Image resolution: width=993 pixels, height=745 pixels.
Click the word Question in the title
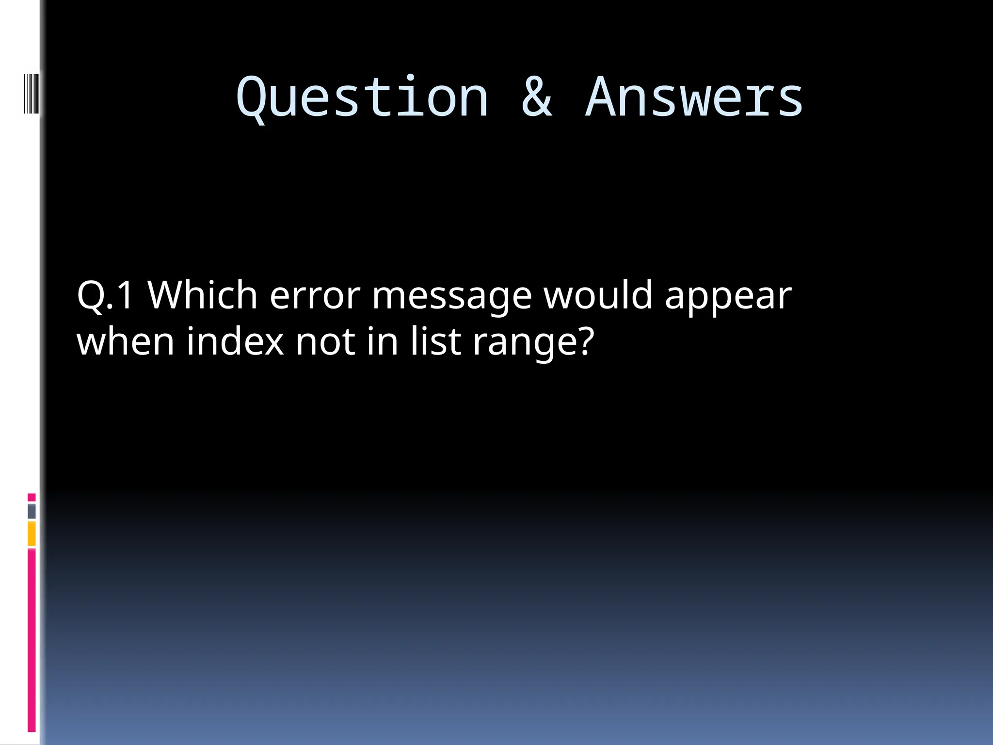(x=362, y=98)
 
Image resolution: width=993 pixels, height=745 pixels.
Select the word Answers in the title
(x=694, y=98)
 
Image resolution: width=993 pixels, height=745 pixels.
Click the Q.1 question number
(x=105, y=295)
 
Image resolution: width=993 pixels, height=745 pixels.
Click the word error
(x=315, y=295)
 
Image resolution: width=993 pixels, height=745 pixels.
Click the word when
(x=125, y=341)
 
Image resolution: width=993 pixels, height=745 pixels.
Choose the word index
(x=235, y=341)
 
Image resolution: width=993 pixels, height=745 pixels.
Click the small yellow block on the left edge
(x=32, y=534)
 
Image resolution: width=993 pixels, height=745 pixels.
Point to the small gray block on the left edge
(x=32, y=511)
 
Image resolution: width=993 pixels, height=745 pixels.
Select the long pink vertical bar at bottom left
(x=32, y=640)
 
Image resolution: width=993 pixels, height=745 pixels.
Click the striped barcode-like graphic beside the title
(x=31, y=93)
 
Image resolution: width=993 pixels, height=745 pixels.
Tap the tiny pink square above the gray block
(x=32, y=497)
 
